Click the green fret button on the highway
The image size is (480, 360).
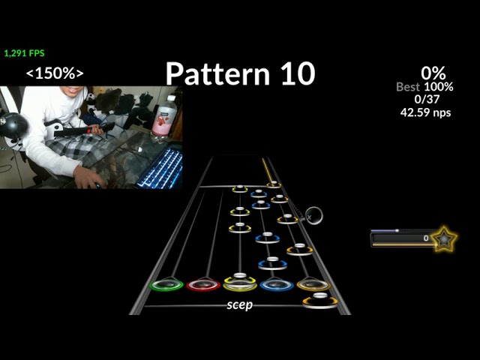pyautogui.click(x=166, y=285)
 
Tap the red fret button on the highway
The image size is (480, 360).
pyautogui.click(x=203, y=285)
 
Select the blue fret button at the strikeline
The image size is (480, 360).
pyautogui.click(x=276, y=285)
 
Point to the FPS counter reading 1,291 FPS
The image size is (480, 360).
pyautogui.click(x=25, y=53)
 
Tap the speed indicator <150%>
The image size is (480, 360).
pyautogui.click(x=55, y=73)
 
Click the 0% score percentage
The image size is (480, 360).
pyautogui.click(x=433, y=73)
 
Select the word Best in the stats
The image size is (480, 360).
pyautogui.click(x=409, y=87)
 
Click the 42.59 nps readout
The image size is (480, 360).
pyautogui.click(x=426, y=112)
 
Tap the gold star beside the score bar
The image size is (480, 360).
pyautogui.click(x=444, y=239)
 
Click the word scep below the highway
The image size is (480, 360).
pyautogui.click(x=239, y=304)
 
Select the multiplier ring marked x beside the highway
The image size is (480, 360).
pyautogui.click(x=314, y=215)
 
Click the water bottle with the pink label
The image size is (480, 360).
pyautogui.click(x=164, y=116)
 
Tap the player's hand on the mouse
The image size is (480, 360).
pyautogui.click(x=87, y=178)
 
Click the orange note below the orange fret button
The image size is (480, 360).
pyautogui.click(x=320, y=301)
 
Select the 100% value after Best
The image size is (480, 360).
pyautogui.click(x=439, y=87)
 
